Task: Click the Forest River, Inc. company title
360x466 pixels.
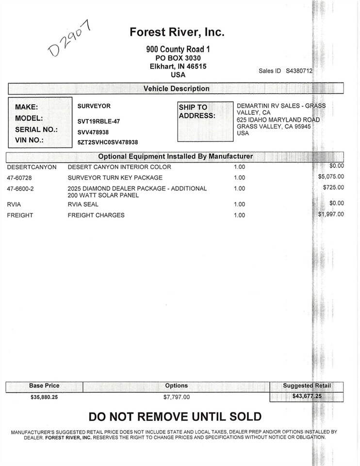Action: pos(177,33)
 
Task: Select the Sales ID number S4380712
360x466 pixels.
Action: pos(299,71)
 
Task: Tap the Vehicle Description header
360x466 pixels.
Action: pos(177,89)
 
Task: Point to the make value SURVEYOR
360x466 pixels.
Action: pos(94,105)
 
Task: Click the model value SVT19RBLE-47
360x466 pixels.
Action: pos(98,121)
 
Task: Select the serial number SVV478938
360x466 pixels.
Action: pos(93,132)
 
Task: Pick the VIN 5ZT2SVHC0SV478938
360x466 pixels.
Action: pos(108,142)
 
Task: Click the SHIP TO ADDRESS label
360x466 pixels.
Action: pos(196,111)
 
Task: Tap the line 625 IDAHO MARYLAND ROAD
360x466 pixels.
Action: pos(278,119)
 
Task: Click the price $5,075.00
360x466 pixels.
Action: pos(331,177)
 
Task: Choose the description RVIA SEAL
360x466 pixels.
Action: pos(83,204)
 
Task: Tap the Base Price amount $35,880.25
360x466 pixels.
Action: pos(45,397)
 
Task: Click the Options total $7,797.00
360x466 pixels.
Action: pos(177,397)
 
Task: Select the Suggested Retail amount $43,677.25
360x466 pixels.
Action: pos(306,397)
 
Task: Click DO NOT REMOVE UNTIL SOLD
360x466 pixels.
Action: pos(175,416)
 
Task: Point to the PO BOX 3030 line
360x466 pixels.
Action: pos(178,57)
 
